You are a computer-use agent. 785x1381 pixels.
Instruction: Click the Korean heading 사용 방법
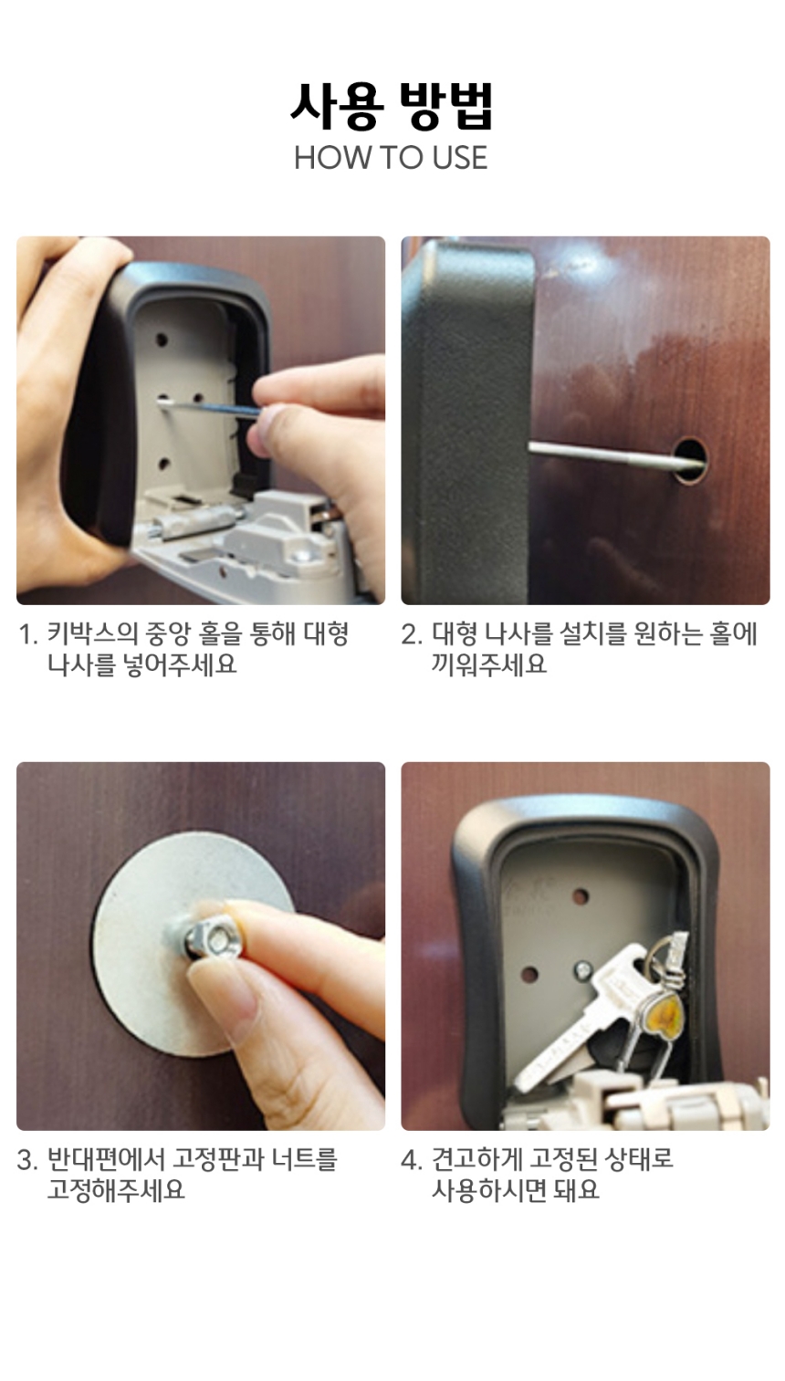pos(392,106)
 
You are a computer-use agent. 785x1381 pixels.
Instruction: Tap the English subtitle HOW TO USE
pos(391,158)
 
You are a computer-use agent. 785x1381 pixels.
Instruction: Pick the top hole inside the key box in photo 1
pos(162,340)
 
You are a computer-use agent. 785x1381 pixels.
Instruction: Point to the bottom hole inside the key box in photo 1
pos(164,464)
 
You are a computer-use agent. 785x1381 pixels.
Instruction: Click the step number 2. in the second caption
pos(412,634)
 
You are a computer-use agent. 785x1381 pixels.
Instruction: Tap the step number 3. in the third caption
pos(28,1160)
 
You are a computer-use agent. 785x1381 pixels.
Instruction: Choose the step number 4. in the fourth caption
pos(412,1160)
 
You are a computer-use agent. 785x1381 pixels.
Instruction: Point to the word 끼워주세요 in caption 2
pos(489,664)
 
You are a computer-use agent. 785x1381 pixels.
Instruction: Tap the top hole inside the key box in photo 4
pos(581,896)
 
